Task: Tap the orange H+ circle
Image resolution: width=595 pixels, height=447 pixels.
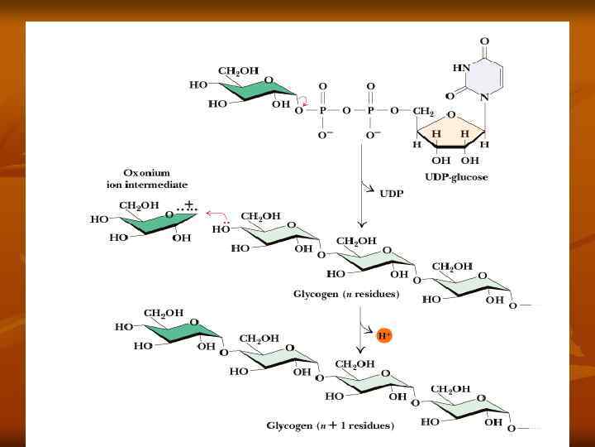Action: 383,336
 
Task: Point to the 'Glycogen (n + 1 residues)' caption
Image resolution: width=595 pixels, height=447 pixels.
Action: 330,426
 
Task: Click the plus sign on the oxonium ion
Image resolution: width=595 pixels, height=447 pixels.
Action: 189,204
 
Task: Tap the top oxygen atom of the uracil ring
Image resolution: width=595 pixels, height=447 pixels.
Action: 483,41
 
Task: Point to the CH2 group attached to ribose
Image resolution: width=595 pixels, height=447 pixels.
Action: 424,111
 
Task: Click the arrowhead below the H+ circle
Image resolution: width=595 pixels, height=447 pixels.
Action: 360,350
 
